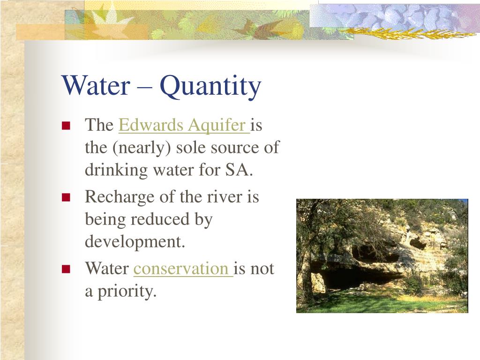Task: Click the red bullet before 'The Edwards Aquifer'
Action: (66, 125)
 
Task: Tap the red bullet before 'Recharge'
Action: (66, 197)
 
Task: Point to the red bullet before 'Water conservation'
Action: (66, 269)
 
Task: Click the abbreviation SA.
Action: (241, 170)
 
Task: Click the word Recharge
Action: (120, 197)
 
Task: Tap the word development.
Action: (135, 242)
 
